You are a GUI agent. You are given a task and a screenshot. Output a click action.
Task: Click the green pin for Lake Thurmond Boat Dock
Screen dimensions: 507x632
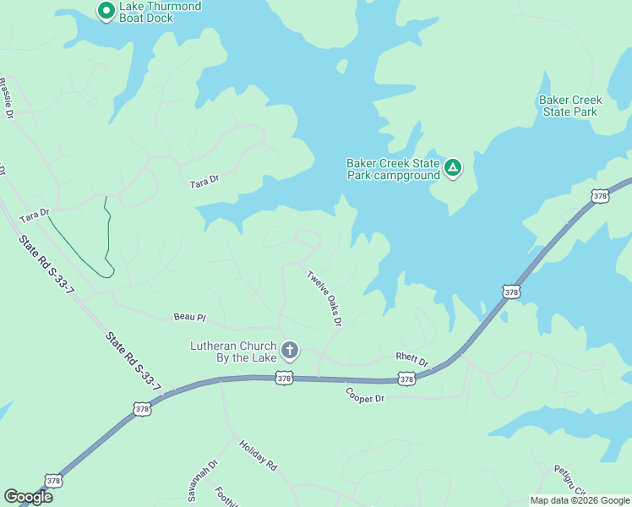106,11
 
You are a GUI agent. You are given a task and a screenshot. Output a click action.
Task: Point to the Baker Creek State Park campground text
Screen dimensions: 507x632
393,169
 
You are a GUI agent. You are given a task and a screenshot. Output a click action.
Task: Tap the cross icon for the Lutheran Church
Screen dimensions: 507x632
290,350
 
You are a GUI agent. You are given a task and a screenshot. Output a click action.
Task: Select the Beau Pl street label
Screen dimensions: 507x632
189,317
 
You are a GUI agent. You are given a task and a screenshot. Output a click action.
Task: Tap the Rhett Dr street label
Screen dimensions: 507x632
412,359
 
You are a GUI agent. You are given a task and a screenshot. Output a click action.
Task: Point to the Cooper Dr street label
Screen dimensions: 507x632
365,395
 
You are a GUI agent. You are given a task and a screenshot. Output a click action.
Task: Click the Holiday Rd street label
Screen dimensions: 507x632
258,455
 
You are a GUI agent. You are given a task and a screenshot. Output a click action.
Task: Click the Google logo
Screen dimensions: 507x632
28,497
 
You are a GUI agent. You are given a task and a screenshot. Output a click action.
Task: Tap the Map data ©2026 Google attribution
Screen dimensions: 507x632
580,500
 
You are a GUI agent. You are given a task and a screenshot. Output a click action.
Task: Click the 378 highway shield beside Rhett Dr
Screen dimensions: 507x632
406,379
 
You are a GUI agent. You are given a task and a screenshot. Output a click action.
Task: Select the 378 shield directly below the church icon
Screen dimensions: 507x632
285,379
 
